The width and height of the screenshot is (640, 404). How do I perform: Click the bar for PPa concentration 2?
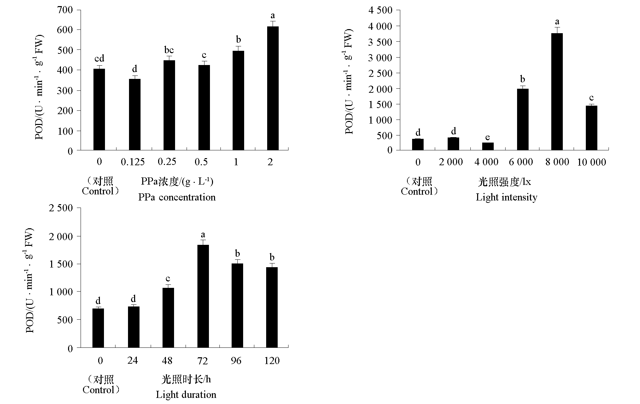[x=273, y=88]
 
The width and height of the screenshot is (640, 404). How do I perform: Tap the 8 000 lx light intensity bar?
[x=557, y=91]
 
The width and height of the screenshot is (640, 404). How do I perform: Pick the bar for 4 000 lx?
[x=488, y=146]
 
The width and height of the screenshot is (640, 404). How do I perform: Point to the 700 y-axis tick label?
[x=65, y=10]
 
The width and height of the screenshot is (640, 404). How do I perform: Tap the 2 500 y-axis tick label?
[x=61, y=208]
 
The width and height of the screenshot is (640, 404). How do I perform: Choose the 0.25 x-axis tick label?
[x=167, y=162]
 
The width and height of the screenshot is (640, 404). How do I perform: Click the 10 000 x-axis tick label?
[x=591, y=163]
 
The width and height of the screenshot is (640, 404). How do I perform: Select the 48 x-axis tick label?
[x=167, y=361]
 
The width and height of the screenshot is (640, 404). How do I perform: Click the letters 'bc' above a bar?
[x=169, y=50]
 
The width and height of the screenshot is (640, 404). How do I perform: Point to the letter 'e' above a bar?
[x=488, y=137]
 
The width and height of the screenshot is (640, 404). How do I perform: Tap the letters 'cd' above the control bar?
[x=99, y=59]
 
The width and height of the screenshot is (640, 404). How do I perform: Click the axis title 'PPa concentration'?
[x=177, y=197]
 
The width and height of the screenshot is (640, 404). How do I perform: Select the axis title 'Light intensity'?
[x=506, y=197]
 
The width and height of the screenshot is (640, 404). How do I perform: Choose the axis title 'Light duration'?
[x=186, y=395]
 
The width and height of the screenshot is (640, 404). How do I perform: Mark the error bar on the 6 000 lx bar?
[x=522, y=87]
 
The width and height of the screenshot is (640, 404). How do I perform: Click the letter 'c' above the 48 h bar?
[x=168, y=279]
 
